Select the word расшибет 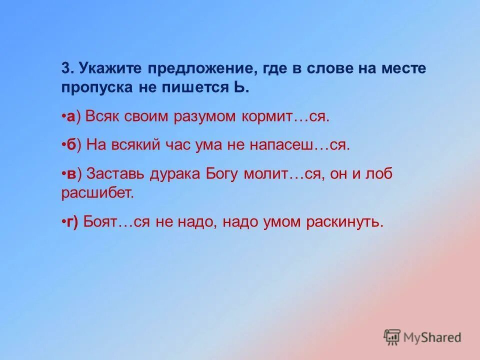[x=98, y=193]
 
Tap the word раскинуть [x=341, y=221]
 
